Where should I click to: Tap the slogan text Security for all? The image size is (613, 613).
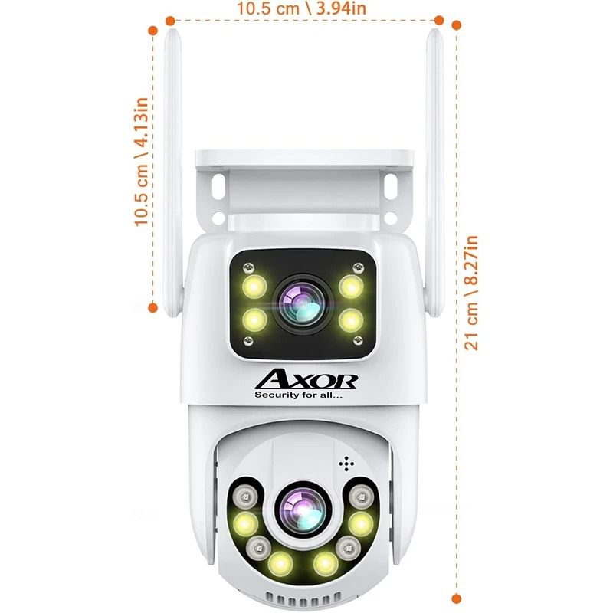302,395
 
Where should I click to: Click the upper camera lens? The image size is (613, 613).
302,301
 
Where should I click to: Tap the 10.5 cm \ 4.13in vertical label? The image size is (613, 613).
141,161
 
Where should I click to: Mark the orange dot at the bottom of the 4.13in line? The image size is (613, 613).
152,307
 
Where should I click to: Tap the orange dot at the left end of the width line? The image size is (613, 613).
169,21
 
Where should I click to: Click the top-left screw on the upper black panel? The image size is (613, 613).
247,267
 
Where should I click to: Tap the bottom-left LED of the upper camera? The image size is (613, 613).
253,316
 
